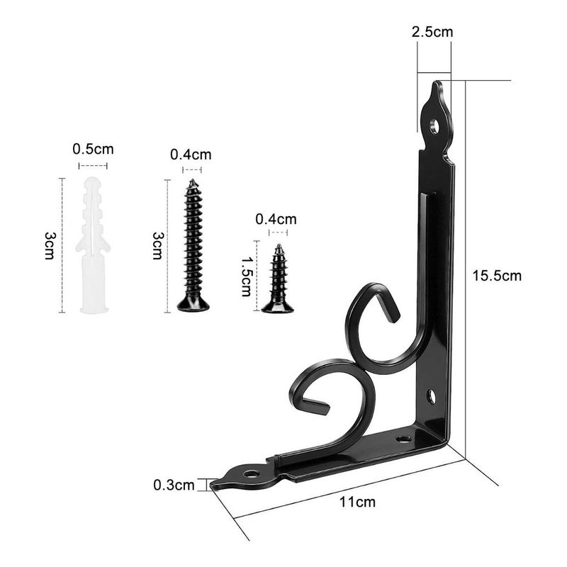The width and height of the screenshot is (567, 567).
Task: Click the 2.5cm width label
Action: (x=432, y=32)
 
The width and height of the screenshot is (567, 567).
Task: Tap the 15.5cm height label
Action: (x=497, y=276)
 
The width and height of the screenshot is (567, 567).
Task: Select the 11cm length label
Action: (x=357, y=502)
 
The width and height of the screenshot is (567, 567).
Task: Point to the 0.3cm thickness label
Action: (x=174, y=485)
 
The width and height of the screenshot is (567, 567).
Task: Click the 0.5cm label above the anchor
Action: (x=93, y=149)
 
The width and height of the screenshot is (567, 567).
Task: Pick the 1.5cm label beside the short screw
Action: (x=247, y=276)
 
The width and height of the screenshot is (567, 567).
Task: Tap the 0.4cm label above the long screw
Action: (x=191, y=155)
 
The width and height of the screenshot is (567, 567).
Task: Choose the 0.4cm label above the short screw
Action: (x=276, y=219)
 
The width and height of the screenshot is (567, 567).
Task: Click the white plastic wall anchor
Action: (x=93, y=245)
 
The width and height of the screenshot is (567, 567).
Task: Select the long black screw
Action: (x=193, y=245)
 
